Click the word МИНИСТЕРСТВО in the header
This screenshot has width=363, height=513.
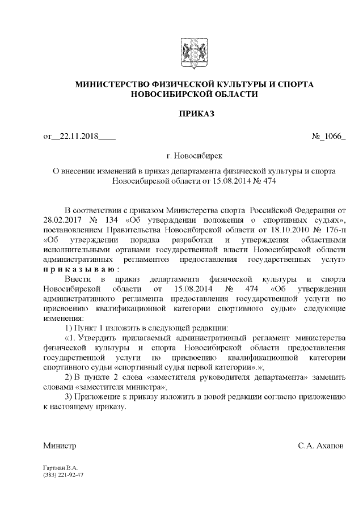pyautogui.click(x=115, y=84)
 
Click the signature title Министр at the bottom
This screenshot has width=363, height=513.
pyautogui.click(x=60, y=446)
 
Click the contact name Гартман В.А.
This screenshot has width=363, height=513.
pyautogui.click(x=60, y=468)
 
